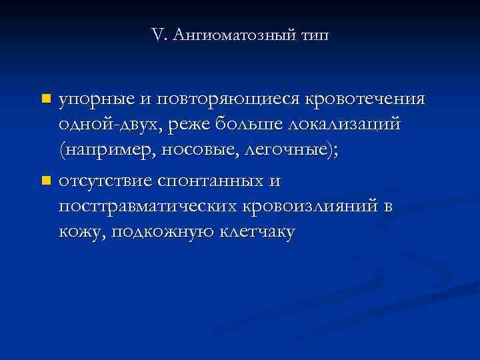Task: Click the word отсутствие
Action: tap(107, 181)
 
